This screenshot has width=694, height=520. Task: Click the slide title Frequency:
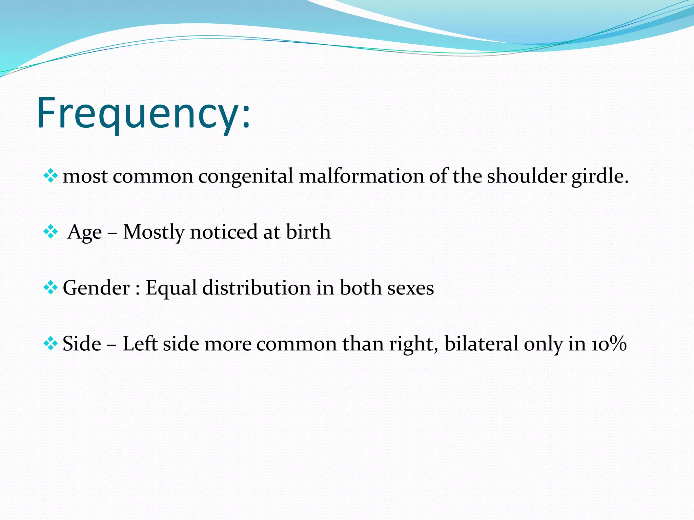tap(144, 113)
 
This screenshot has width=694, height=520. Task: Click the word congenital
tap(246, 177)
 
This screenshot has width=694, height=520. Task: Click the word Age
tap(84, 233)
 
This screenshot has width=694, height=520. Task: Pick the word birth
tap(308, 232)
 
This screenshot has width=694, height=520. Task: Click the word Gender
tap(96, 288)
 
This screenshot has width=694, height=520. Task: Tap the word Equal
tap(171, 288)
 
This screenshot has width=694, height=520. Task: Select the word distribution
tap(257, 288)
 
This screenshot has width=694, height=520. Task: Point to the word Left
tap(140, 344)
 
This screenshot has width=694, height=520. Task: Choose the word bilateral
tap(481, 344)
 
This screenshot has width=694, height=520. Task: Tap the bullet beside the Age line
tap(51, 232)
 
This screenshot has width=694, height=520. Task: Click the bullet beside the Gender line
tap(51, 288)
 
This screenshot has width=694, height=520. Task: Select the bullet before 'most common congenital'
tap(51, 176)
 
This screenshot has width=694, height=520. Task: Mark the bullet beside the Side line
tap(51, 344)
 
